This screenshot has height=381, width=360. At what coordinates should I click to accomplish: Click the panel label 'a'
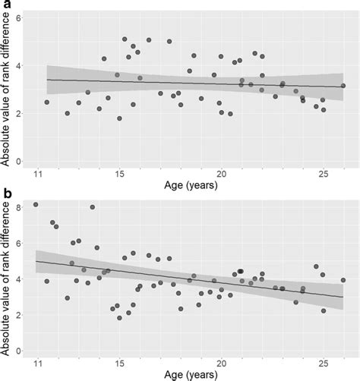pyautogui.click(x=5, y=5)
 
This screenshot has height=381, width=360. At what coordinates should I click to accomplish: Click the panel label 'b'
pyautogui.click(x=5, y=194)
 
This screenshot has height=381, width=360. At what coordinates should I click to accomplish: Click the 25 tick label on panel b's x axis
pyautogui.click(x=323, y=363)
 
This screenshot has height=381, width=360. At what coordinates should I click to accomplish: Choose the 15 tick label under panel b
pyautogui.click(x=119, y=363)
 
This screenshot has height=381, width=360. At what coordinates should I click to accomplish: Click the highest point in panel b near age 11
pyautogui.click(x=36, y=205)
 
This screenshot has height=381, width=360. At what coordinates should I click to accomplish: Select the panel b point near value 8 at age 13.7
pyautogui.click(x=93, y=207)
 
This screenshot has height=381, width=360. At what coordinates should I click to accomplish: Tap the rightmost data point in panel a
pyautogui.click(x=343, y=86)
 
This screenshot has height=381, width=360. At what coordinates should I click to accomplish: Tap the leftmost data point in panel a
pyautogui.click(x=47, y=102)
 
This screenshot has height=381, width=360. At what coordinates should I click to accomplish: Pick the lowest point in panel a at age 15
pyautogui.click(x=119, y=118)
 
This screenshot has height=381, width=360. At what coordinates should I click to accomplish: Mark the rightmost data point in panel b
pyautogui.click(x=343, y=280)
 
